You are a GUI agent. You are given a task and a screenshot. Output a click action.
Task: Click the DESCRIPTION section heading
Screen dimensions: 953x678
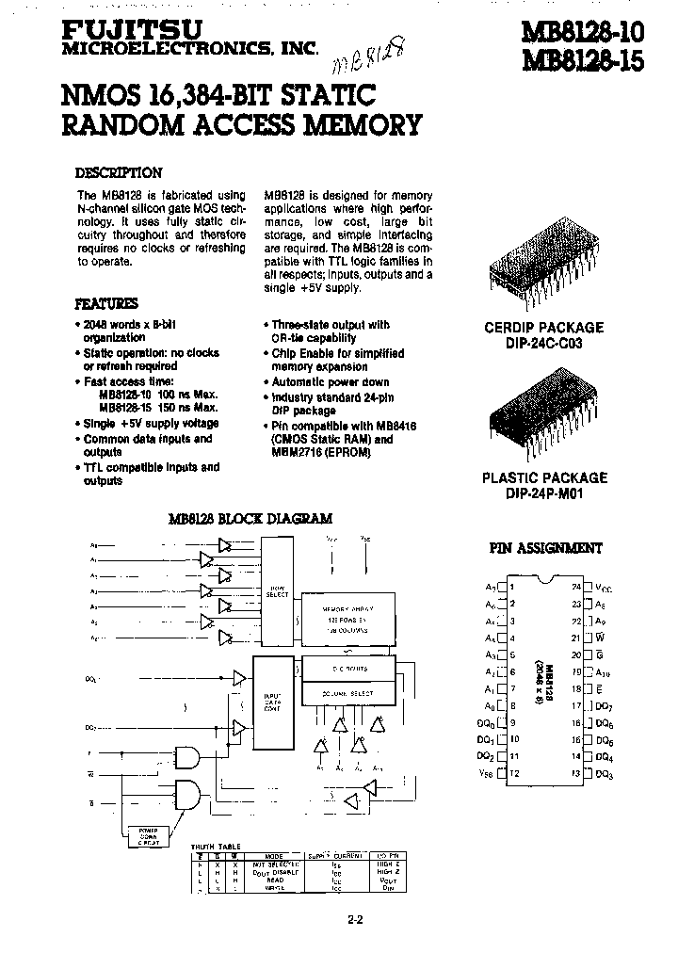tap(119, 173)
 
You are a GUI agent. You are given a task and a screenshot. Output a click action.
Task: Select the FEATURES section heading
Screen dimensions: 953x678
tap(105, 304)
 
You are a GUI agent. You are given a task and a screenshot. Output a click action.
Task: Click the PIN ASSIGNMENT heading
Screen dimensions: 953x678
tap(546, 548)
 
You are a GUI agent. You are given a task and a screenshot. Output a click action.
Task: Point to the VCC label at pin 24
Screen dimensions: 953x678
tap(604, 587)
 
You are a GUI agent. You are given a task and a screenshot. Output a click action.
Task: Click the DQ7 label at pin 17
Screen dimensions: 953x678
tap(604, 705)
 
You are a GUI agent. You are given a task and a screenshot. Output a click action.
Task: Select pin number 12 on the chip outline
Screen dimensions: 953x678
tap(514, 773)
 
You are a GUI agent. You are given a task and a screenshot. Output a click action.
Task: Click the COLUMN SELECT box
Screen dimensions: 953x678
tap(346, 693)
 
